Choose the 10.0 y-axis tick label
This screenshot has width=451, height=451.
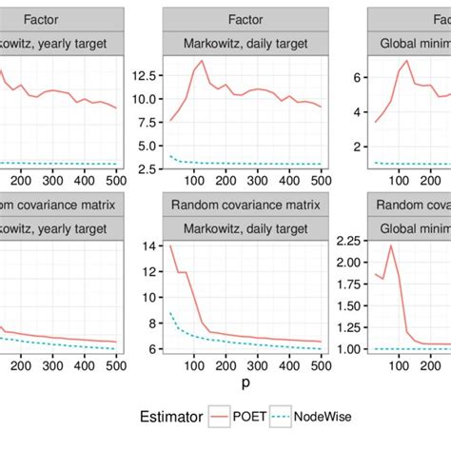[x=146, y=98]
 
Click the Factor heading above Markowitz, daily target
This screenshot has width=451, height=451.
[x=245, y=18]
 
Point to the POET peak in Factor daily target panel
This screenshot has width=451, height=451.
[x=202, y=61]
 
